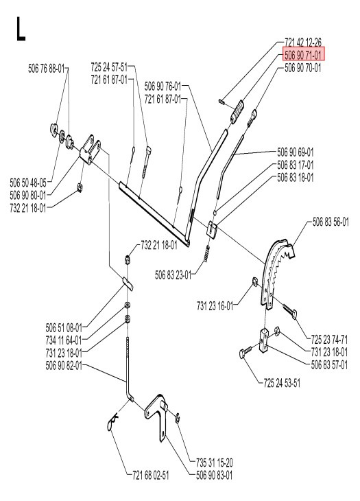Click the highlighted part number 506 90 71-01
[x=302, y=54]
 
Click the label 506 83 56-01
[x=330, y=222]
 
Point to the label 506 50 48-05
[x=29, y=182]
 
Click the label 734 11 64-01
[x=64, y=339]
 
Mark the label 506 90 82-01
[x=64, y=364]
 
